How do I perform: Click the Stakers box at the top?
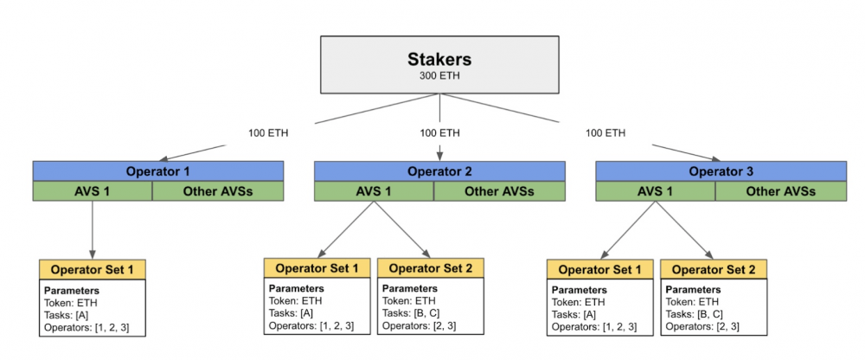point(439,65)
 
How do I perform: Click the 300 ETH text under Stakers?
point(439,75)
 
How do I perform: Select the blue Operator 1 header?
point(157,171)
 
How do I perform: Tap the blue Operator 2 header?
point(439,171)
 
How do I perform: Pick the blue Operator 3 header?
point(721,171)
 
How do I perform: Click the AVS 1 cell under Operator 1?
point(93,191)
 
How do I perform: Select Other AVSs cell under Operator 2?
point(500,191)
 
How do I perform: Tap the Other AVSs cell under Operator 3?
point(781,191)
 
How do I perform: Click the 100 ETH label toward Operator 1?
point(268,133)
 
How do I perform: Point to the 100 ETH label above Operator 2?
point(439,133)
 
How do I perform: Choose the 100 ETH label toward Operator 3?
point(605,133)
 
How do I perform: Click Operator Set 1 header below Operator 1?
point(93,269)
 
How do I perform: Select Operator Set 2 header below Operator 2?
point(431,268)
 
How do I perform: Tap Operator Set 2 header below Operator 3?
point(714,270)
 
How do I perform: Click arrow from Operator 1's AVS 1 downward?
point(93,230)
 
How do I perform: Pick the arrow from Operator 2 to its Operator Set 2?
point(402,229)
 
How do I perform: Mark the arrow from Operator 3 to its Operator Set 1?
point(628,230)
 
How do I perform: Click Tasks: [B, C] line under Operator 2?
point(406,313)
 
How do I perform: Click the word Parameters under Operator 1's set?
point(72,291)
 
